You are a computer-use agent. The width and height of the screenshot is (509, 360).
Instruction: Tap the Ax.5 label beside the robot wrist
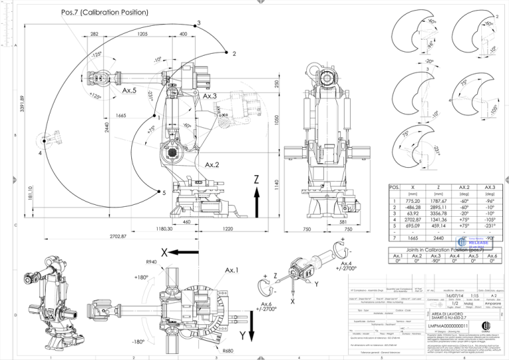coord(129,90)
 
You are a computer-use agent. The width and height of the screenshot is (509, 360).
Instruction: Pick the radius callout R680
coord(229,351)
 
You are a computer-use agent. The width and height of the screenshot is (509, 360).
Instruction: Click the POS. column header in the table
coord(394,188)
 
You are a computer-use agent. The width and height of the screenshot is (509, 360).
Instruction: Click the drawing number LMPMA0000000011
coord(448,326)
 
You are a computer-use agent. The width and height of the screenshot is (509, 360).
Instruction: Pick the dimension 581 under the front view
coord(333,222)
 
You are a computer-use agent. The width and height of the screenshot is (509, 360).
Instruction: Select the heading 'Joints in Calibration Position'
coord(445,251)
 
